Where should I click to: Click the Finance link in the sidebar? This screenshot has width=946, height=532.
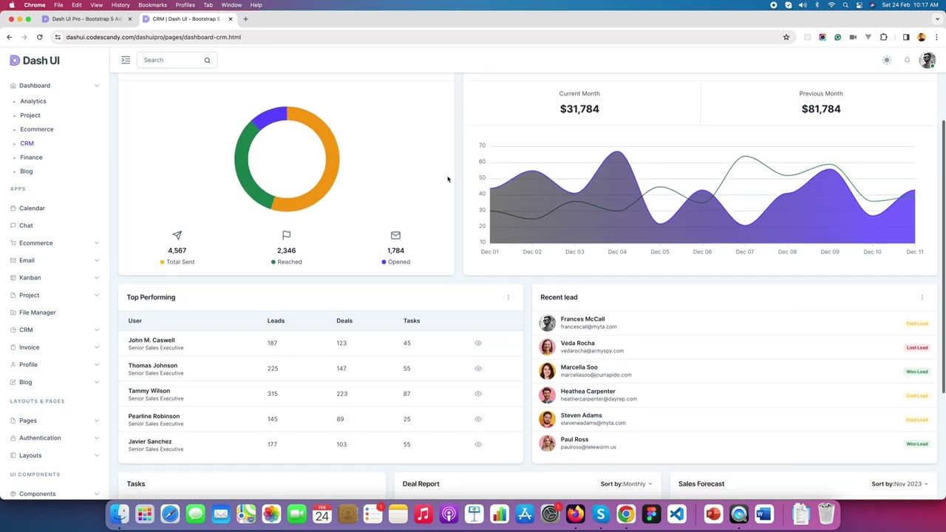[31, 157]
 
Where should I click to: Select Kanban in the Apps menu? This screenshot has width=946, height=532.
[30, 278]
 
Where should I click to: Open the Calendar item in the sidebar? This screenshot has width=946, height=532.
[32, 208]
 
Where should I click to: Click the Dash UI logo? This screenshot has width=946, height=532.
[35, 61]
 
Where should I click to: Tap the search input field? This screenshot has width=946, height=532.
[171, 60]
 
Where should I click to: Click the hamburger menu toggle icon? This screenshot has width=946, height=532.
[126, 60]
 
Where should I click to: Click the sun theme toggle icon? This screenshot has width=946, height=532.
[886, 60]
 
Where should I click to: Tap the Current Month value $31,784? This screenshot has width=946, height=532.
[579, 109]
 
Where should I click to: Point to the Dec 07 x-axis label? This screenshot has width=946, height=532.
[744, 252]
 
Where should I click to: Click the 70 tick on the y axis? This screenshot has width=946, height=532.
[482, 146]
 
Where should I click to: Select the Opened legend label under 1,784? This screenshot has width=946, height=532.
[398, 262]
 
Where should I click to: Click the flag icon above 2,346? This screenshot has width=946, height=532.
[286, 235]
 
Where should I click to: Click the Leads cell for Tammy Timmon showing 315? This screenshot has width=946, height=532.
[272, 394]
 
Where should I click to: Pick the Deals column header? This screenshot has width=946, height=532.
[344, 321]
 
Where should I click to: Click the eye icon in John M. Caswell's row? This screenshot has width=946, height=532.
[477, 343]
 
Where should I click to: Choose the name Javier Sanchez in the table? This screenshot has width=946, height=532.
[150, 442]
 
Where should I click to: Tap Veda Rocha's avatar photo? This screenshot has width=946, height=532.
[547, 347]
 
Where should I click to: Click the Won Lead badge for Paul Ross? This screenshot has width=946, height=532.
[916, 444]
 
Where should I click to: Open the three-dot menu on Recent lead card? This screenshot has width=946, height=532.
[922, 297]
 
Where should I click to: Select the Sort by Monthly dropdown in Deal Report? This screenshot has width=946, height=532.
[626, 484]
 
